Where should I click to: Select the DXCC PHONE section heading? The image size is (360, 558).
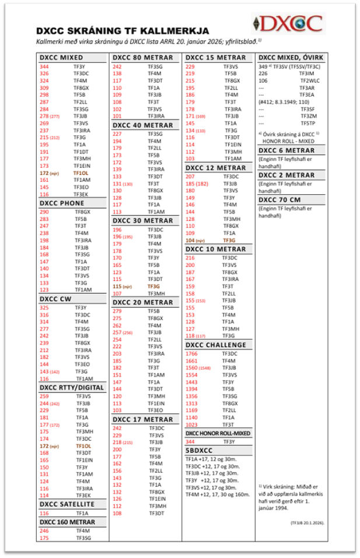point(61,203)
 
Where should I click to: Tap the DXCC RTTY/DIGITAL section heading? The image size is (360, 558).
point(71,387)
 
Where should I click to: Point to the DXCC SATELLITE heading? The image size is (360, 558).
point(67,504)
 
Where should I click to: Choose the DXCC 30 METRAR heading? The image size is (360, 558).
point(142,220)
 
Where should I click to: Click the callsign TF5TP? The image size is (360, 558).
point(307,123)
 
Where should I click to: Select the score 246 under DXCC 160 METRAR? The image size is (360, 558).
point(44,531)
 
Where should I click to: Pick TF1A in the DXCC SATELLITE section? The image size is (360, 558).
point(82,513)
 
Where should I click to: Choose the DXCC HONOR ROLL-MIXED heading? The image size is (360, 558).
point(218,433)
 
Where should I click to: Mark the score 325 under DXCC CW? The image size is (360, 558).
point(44,308)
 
